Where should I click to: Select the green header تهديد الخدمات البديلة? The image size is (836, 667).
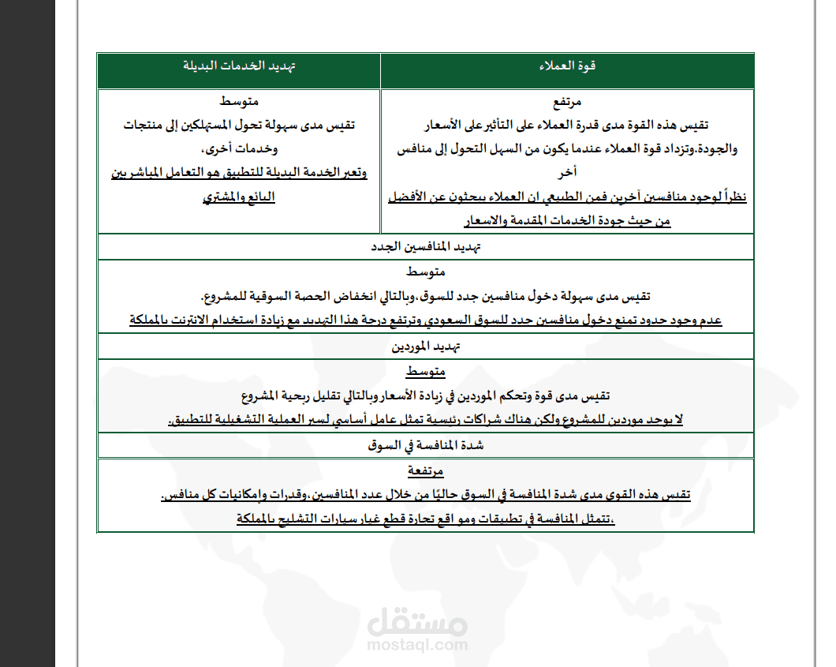coord(239,66)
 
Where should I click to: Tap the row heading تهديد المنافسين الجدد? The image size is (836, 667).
coord(426,246)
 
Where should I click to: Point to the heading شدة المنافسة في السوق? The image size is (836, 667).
coord(426,445)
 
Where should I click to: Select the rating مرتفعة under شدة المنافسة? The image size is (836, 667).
coord(426,471)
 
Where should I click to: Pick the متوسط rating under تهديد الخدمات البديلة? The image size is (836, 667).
coord(239,102)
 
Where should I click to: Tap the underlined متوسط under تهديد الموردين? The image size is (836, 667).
coord(426,372)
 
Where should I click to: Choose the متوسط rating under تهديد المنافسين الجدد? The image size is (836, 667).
coord(426,272)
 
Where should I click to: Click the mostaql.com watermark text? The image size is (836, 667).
coord(417,644)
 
